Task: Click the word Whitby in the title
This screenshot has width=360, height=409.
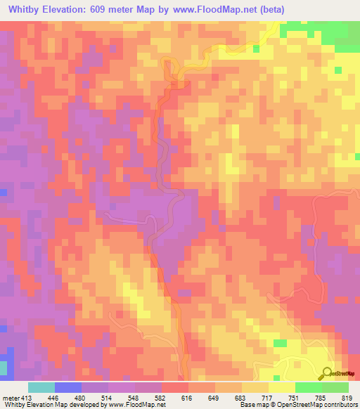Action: point(27,10)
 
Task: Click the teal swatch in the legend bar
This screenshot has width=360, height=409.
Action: point(41,387)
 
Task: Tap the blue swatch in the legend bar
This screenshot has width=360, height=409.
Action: point(68,387)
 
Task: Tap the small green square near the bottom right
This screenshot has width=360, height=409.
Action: point(281,343)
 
